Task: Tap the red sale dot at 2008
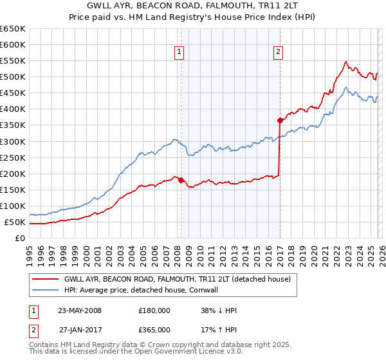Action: coord(181,180)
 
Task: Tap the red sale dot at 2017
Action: coord(280,120)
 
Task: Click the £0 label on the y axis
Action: coord(19,239)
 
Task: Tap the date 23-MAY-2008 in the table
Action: coord(80,310)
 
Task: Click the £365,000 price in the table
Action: coord(154,330)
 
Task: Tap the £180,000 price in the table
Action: coord(154,310)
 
